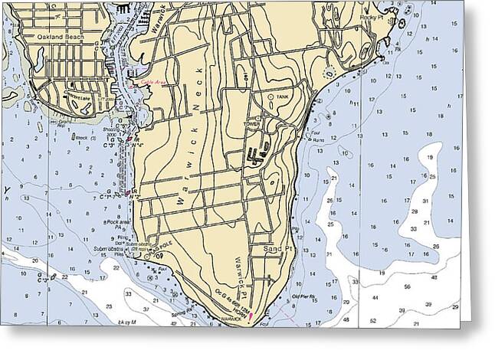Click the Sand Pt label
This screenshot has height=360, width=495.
(x=275, y=250)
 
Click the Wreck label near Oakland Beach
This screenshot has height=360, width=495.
(x=80, y=139)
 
